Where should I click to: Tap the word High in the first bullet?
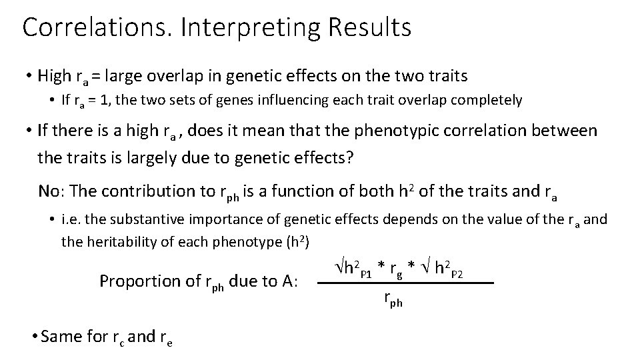click(59, 77)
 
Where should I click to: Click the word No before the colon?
click(50, 191)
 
